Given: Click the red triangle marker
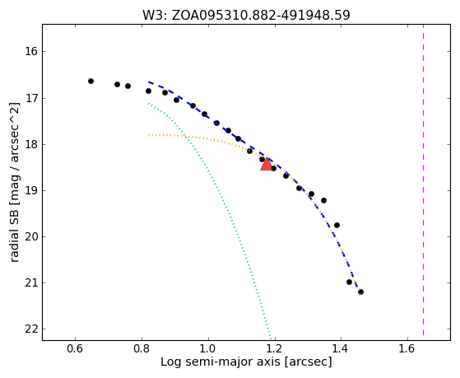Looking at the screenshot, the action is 267,164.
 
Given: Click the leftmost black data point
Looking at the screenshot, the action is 91,81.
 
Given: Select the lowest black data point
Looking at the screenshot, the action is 361,292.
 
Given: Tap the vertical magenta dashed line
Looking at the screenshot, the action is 423,180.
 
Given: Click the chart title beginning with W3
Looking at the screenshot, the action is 246,15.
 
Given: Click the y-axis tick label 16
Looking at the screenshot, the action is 31,52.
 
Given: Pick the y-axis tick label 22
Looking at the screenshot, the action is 31,329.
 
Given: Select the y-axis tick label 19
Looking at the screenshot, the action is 31,190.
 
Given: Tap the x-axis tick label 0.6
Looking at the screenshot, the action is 76,348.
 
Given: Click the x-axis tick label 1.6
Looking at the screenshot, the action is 407,348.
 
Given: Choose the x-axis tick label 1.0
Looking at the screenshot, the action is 208,348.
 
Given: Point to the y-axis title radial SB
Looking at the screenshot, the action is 14,182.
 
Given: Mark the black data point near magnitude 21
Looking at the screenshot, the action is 349,282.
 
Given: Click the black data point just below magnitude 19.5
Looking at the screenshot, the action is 337,226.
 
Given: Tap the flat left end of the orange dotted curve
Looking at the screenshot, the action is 149,134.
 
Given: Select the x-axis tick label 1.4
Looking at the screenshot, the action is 341,348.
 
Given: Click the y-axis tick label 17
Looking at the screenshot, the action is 31,98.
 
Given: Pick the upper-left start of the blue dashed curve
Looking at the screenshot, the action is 149,82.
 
